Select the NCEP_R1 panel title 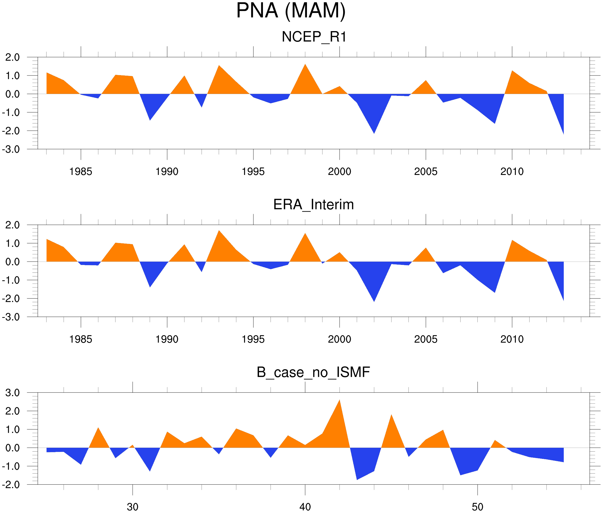314,37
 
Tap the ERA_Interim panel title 313,204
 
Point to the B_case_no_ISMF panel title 313,372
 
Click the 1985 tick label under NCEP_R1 80,172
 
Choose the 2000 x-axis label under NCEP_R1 339,172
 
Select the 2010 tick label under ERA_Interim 512,339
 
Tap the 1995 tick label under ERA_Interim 253,339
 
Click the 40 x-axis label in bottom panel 305,507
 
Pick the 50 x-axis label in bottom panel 477,507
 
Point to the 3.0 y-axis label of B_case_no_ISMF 13,393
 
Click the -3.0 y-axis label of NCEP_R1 11,149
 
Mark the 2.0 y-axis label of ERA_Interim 13,225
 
